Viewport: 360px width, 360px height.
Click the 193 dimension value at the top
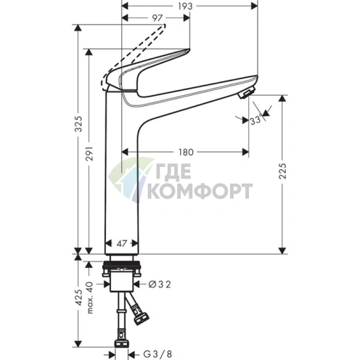point(185,6)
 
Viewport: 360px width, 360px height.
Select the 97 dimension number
point(157,18)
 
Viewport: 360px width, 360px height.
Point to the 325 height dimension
point(78,124)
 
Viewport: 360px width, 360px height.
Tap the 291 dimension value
point(89,153)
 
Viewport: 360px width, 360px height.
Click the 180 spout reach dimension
point(186,152)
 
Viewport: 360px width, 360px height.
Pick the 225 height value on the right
point(282,171)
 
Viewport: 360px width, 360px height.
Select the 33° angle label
point(255,120)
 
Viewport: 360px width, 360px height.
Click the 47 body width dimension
point(122,243)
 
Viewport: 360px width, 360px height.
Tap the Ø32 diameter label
point(160,285)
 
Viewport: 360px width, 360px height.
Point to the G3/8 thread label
point(157,354)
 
